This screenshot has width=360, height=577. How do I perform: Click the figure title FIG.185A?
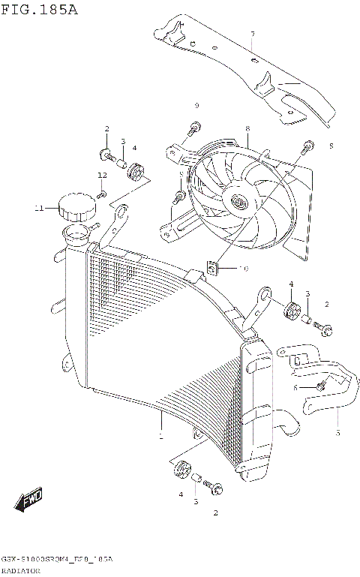coord(39,10)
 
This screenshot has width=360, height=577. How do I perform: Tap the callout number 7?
coord(252,34)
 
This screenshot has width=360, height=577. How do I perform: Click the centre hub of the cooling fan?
coord(239,202)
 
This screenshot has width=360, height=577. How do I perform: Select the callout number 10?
coord(242,268)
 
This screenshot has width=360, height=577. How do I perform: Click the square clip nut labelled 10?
coord(214,266)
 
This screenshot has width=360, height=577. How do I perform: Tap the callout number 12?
coord(101,175)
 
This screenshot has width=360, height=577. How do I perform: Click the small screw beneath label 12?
coord(104,194)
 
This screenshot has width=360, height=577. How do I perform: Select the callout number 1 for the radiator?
coord(160,435)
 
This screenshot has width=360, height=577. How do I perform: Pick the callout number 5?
coord(337,433)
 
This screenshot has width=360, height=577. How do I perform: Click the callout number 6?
coord(295,387)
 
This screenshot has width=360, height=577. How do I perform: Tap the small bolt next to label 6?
coord(320,386)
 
